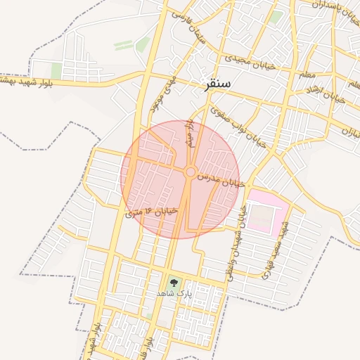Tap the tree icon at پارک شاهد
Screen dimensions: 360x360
[x=174, y=281]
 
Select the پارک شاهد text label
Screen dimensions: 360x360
[x=174, y=292]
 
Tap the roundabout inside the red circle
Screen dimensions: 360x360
[x=190, y=172]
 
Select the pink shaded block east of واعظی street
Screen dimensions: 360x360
[x=266, y=210]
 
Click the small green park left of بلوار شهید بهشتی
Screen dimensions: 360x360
[x=56, y=70]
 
